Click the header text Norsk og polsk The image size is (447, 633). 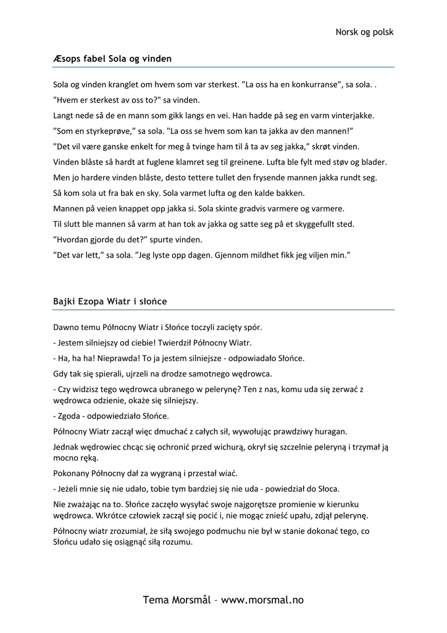pos(364,32)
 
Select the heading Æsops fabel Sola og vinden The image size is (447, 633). pos(112,59)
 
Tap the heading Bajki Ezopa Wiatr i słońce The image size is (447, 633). pos(110,302)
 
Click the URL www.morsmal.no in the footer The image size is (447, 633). pos(262,600)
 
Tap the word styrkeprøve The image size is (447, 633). pos(106,131)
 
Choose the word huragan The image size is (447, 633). pos(332,431)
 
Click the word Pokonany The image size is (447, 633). pos(73,474)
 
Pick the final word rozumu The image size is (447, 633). pos(177,543)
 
